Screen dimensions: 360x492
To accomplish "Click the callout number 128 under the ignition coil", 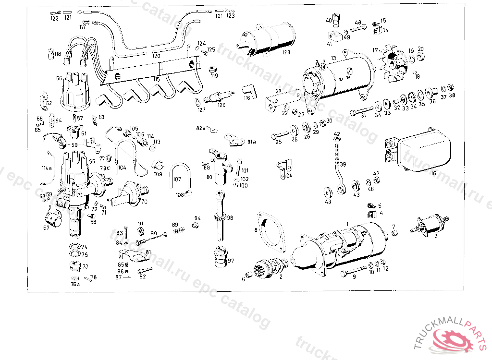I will point(287,52).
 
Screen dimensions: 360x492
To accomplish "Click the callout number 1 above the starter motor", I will point(348,224).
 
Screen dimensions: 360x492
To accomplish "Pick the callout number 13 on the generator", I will point(332,58).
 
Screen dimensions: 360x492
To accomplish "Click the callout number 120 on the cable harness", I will point(156,56).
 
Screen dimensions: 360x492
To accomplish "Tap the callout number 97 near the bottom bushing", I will point(231,260).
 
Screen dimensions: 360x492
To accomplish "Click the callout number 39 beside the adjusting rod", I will point(343,164).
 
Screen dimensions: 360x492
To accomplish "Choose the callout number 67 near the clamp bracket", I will point(46,228).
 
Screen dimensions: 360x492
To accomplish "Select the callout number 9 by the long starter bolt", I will point(354,276).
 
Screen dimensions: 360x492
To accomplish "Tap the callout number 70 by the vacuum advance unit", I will point(144,201).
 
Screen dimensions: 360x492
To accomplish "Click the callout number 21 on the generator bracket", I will point(278,91).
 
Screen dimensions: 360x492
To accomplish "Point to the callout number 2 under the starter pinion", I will point(281,276).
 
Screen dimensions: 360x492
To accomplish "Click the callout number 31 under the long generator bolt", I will point(363,115).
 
